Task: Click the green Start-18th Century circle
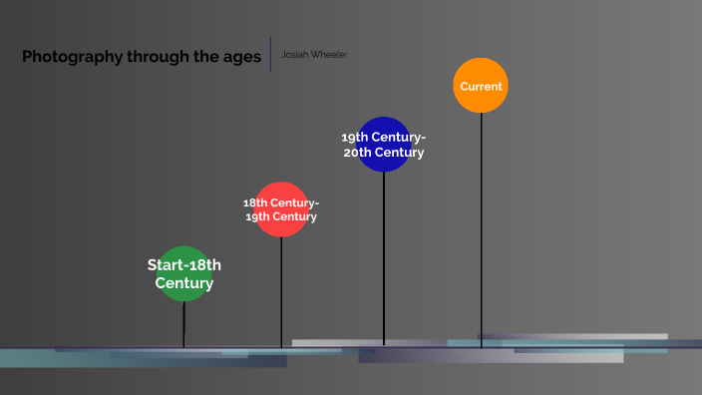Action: [x=184, y=273]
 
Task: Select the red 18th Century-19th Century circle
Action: [x=281, y=209]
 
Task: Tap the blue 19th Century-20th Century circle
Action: [x=384, y=145]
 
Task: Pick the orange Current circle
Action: [x=481, y=86]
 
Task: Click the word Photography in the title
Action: [x=72, y=57]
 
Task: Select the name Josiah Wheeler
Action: [x=314, y=54]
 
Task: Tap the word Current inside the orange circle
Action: [x=481, y=87]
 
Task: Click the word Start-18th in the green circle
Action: [x=184, y=265]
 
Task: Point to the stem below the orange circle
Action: [x=481, y=229]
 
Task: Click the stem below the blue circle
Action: [x=384, y=259]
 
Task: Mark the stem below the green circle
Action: [x=184, y=324]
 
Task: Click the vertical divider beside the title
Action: [x=270, y=54]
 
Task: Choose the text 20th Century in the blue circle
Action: [x=384, y=153]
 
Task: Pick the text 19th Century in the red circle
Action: [x=281, y=216]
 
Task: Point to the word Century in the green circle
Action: [x=184, y=283]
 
